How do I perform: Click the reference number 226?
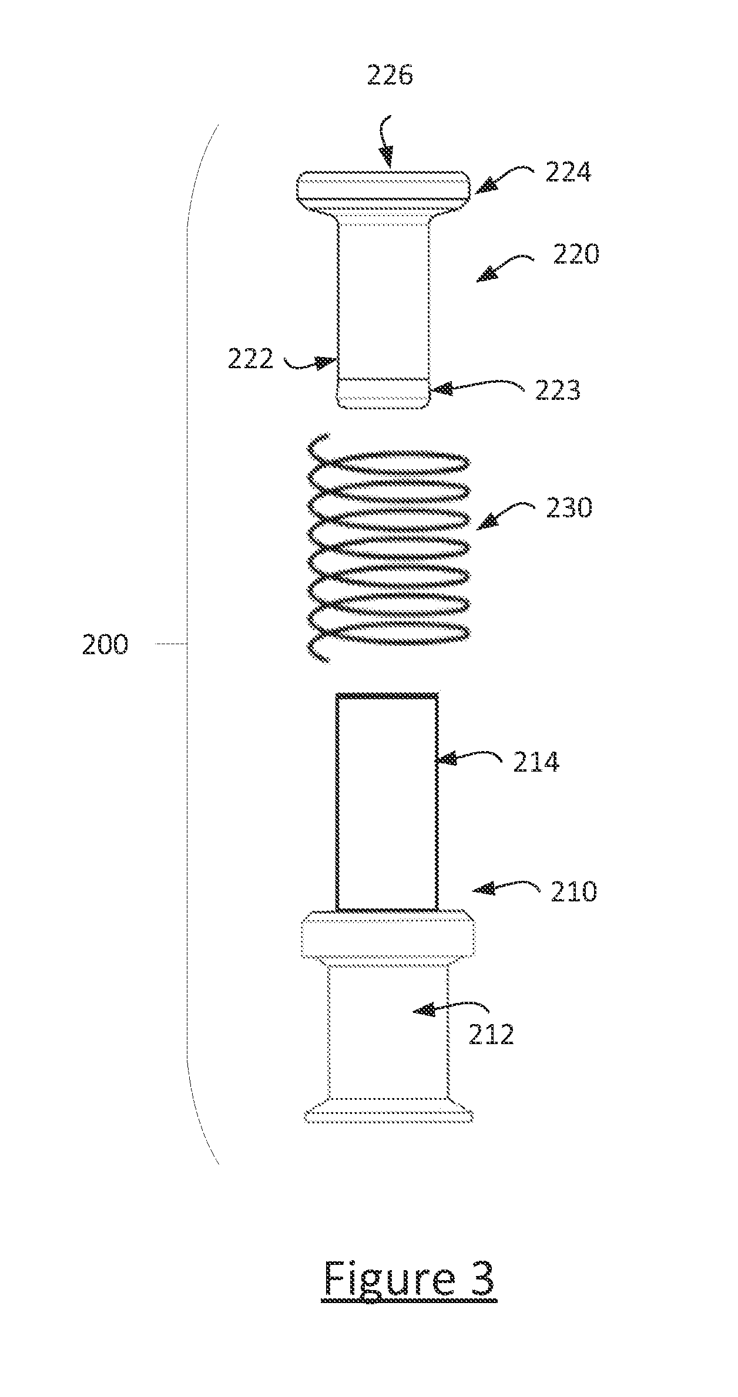click(390, 76)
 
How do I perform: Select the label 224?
click(568, 172)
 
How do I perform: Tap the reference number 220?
click(576, 254)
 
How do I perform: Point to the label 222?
click(251, 359)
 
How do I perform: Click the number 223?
click(558, 390)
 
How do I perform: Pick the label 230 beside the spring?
click(569, 508)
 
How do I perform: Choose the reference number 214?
click(536, 762)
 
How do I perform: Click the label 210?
click(573, 891)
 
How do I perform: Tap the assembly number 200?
click(105, 645)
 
